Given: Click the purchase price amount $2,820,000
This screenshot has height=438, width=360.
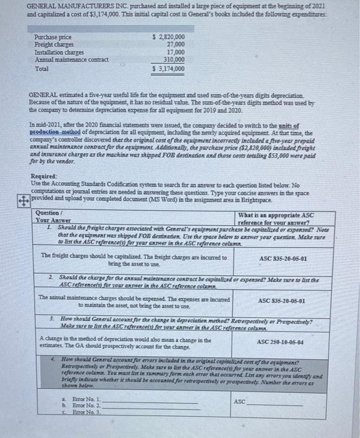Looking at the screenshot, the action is coord(169,37).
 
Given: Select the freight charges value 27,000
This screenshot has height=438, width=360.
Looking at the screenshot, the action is coord(175,44).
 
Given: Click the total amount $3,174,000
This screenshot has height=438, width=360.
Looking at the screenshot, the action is coord(169,68).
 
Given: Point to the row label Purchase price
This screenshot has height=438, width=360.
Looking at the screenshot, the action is coord(53,38).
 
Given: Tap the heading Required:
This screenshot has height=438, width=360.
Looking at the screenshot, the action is coord(44,177).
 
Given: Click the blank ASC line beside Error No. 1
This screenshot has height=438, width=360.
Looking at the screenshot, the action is coord(275,402).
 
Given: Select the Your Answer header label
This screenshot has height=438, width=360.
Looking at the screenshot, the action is coord(51,220).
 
